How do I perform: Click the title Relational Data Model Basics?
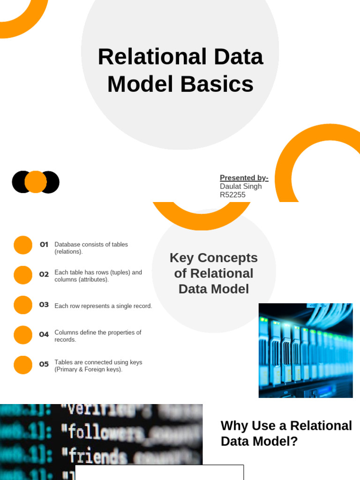[x=180, y=70]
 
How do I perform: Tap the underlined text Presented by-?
[x=244, y=178]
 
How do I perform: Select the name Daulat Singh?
[x=240, y=186]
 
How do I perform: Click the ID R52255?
[x=232, y=195]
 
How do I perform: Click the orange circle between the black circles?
[x=36, y=182]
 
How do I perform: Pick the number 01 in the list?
[x=44, y=244]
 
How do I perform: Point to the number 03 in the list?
[x=44, y=305]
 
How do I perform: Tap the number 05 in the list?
[x=44, y=364]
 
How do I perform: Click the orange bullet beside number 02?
[x=23, y=275]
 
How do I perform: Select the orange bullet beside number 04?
[x=23, y=335]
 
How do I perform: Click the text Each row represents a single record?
[x=103, y=306]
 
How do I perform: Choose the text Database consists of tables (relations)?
[x=91, y=248]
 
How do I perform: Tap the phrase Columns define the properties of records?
[x=97, y=336]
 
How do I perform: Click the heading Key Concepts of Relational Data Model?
[x=214, y=273]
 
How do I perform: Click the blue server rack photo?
[x=306, y=351]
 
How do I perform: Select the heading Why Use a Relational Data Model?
[x=286, y=433]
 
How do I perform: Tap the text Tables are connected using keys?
[x=98, y=362]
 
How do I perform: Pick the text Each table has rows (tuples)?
[x=98, y=272]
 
